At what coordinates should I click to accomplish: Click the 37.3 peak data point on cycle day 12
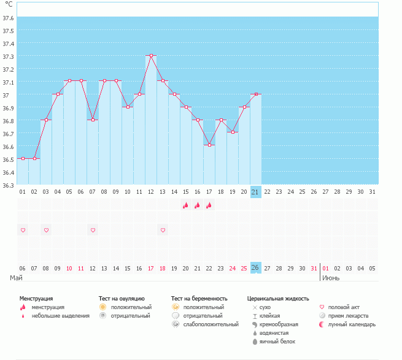click(x=151, y=55)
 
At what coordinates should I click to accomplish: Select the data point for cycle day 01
click(x=23, y=158)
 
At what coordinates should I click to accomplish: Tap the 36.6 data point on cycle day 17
click(x=209, y=145)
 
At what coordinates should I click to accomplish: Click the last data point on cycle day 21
click(x=256, y=94)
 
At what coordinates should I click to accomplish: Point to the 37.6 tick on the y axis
click(x=9, y=18)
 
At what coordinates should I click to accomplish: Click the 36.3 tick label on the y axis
click(x=9, y=185)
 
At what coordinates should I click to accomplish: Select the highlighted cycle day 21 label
click(x=256, y=192)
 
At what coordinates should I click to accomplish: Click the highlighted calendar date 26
click(x=256, y=268)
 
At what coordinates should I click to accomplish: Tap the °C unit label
click(x=9, y=4)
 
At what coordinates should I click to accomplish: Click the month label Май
click(x=17, y=278)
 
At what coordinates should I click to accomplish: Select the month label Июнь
click(x=331, y=278)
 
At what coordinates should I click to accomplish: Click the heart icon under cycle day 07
click(x=93, y=230)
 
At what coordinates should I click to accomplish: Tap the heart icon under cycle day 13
click(x=163, y=230)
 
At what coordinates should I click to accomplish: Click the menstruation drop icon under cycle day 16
click(x=198, y=205)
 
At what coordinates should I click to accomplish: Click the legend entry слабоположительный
click(x=211, y=324)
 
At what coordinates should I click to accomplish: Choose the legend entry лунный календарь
click(x=352, y=324)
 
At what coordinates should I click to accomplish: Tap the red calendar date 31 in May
click(x=314, y=268)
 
